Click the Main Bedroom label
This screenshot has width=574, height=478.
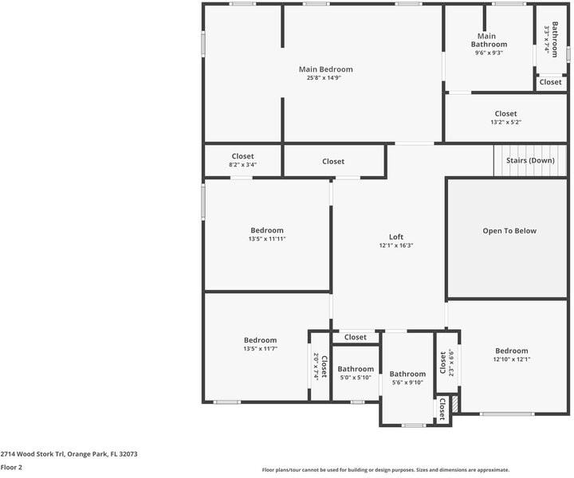tap(326, 69)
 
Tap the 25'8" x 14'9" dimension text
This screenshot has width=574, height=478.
tap(324, 77)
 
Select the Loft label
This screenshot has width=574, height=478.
tap(396, 237)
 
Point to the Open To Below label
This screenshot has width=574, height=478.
tap(509, 231)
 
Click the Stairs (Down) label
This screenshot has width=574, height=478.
tap(530, 160)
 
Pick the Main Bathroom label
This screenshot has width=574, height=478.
tap(489, 40)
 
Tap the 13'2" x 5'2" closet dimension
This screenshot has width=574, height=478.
tap(506, 122)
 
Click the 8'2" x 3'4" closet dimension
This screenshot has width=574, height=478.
tap(242, 165)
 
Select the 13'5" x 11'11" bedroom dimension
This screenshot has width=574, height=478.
tap(267, 239)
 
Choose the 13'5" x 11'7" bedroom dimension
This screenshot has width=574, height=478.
tap(260, 348)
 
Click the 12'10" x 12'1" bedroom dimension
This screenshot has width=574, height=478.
tap(512, 359)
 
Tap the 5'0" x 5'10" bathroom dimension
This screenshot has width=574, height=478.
tap(356, 378)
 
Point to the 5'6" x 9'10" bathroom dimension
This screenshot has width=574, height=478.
tap(407, 382)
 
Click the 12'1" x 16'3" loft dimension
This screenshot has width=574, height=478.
tap(396, 245)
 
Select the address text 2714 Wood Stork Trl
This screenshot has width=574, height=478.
tap(32, 454)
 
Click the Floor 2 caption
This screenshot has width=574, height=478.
tap(11, 467)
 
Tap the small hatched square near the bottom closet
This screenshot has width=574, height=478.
tap(455, 405)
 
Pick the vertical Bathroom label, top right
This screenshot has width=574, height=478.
tap(555, 40)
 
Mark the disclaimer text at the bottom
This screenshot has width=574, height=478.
tap(386, 470)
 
